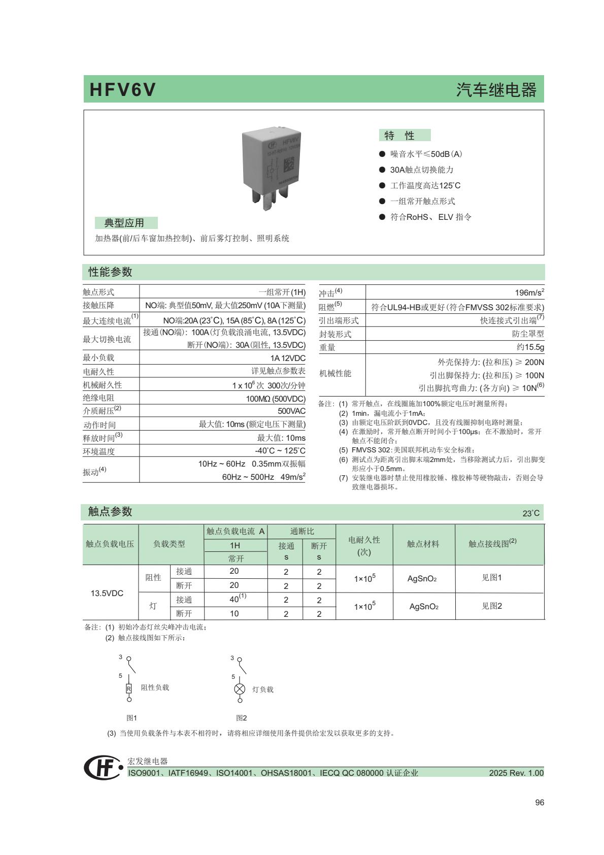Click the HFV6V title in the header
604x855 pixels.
(x=122, y=90)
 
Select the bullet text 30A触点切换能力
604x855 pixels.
(x=421, y=170)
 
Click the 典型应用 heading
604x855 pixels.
(x=125, y=223)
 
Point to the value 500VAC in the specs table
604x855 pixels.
(x=291, y=411)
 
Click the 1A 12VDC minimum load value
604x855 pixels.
(x=288, y=358)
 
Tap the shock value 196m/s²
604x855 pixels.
(x=529, y=292)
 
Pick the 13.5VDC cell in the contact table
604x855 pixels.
(x=107, y=593)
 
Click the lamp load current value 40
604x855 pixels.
(x=235, y=599)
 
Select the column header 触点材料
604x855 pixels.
(x=423, y=544)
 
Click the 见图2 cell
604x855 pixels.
(x=491, y=606)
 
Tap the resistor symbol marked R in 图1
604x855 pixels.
(x=129, y=688)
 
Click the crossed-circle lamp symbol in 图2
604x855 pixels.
(x=240, y=689)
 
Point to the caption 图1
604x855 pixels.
(x=131, y=718)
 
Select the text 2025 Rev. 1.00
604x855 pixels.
(x=516, y=773)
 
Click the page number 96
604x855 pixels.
(x=539, y=802)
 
